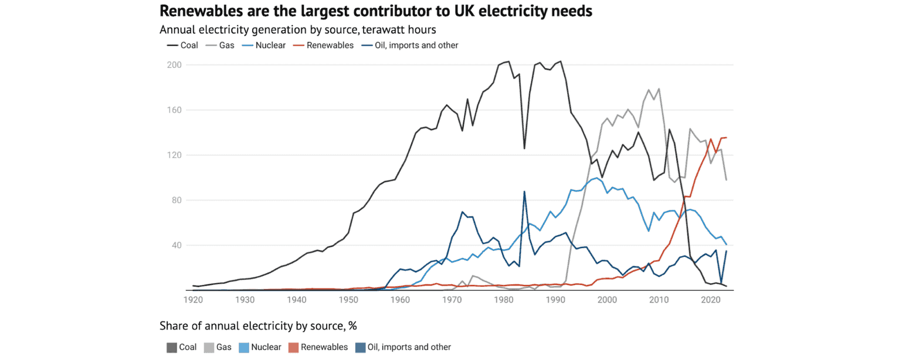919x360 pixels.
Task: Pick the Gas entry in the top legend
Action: [x=222, y=45]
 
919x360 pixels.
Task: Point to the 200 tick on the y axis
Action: [x=174, y=65]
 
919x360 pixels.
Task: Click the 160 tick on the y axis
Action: [x=174, y=110]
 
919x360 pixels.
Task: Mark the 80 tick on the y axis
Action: [x=177, y=201]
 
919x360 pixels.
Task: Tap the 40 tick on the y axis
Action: [x=177, y=246]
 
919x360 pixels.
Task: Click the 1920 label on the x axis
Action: [x=193, y=300]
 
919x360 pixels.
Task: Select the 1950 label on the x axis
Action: [x=348, y=300]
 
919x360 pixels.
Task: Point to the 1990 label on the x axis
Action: [x=555, y=300]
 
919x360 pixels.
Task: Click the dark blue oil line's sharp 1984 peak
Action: [x=524, y=191]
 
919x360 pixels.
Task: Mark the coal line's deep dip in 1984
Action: [x=524, y=148]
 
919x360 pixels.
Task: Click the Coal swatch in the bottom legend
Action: [x=171, y=347]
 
